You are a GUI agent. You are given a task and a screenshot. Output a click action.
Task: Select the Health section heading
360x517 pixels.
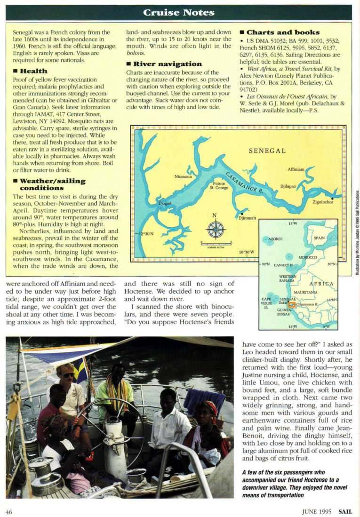point(30,71)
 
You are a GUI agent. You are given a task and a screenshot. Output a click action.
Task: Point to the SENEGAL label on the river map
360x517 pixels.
point(267,151)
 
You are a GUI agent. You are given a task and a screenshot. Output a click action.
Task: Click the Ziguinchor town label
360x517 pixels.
point(322,202)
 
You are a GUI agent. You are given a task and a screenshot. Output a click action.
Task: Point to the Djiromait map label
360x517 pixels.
point(248,218)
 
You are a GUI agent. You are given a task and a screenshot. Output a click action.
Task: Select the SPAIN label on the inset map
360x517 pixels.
point(319,238)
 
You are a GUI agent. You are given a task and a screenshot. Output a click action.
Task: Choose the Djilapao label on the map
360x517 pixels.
point(288,186)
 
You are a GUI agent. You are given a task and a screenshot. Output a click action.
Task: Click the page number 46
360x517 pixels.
point(9,511)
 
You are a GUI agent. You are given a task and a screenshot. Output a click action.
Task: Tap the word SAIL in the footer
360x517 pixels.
point(345,511)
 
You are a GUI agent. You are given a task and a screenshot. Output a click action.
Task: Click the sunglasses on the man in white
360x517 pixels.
point(68,375)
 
